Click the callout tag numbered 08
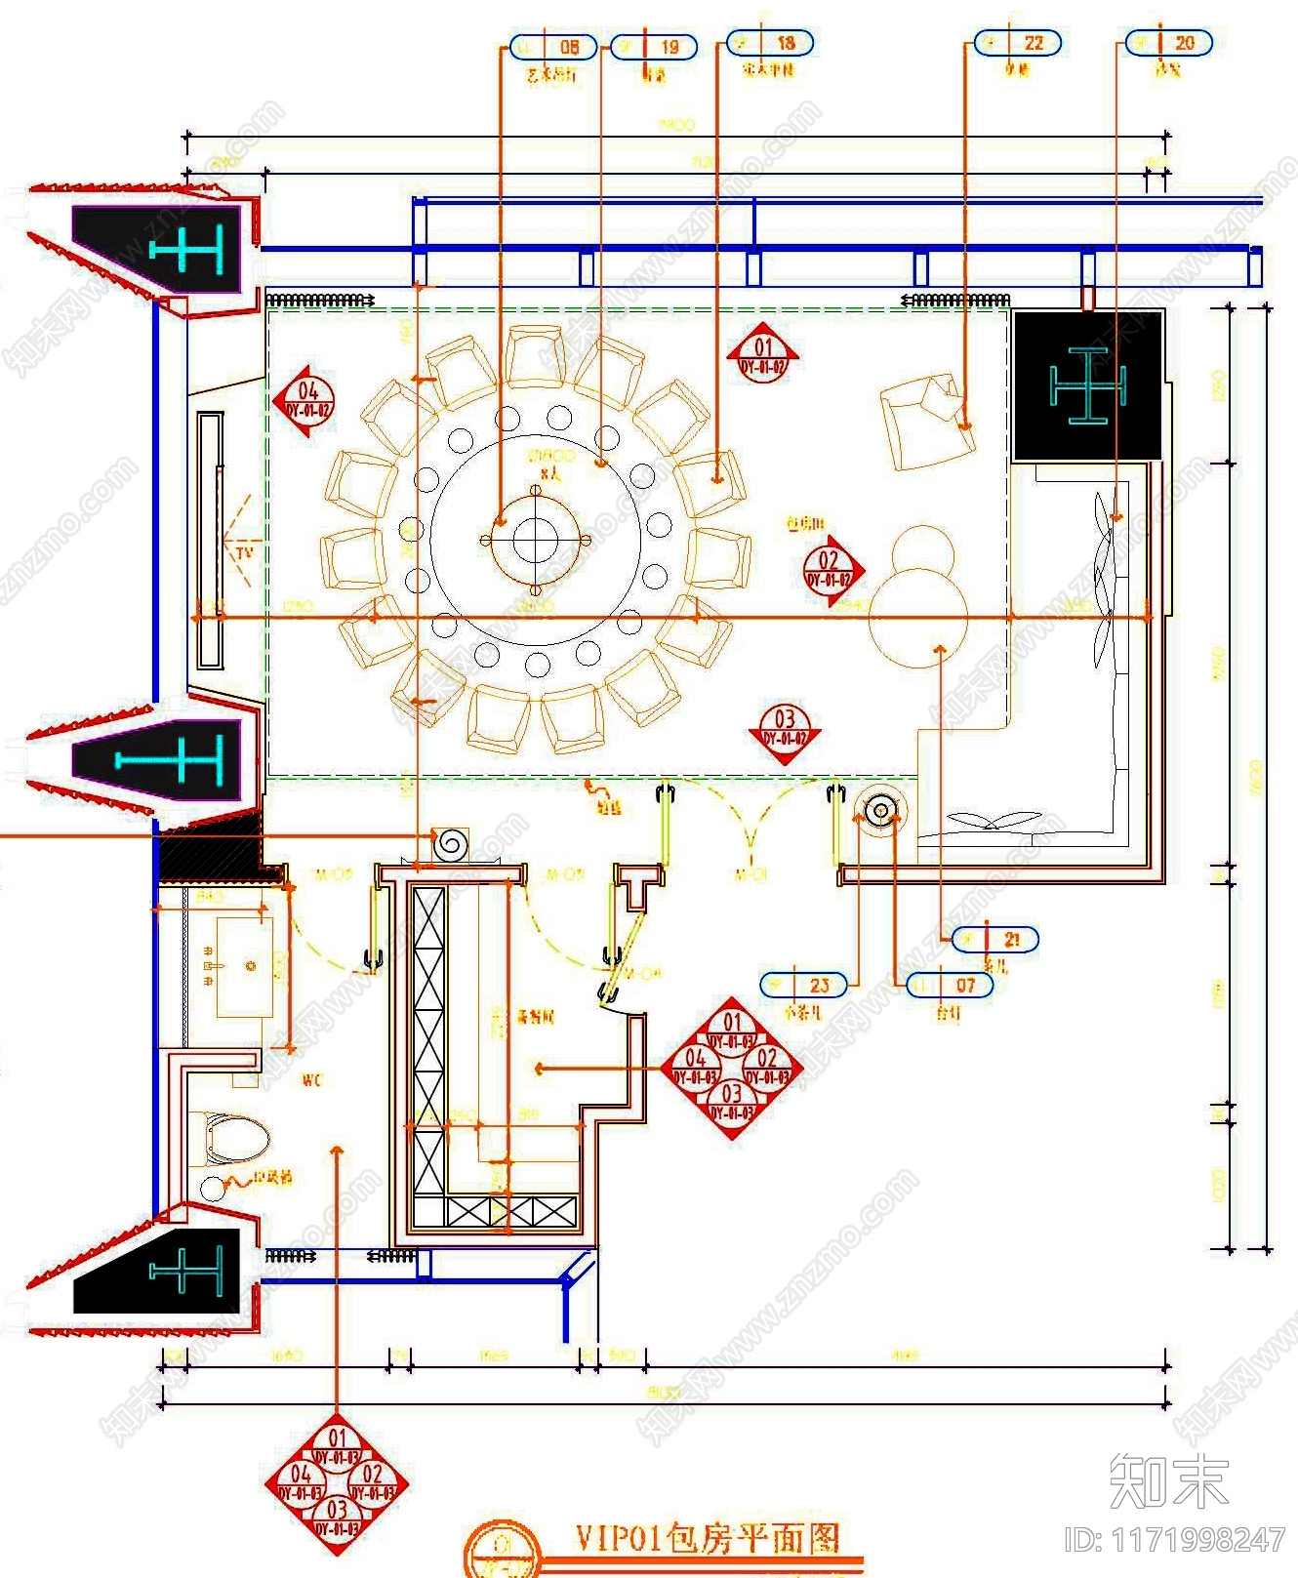[552, 47]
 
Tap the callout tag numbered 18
[769, 44]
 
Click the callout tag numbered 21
[994, 940]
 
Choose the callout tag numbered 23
[803, 985]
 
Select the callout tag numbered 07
[950, 986]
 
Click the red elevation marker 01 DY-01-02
[763, 357]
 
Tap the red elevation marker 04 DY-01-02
[305, 401]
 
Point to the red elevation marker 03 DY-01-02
[785, 729]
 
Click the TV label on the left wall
[244, 552]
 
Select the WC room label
[311, 1080]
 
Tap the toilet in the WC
[234, 1138]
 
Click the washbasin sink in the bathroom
[244, 966]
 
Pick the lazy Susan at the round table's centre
[534, 539]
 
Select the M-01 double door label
[750, 875]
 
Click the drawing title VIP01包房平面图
[707, 1539]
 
